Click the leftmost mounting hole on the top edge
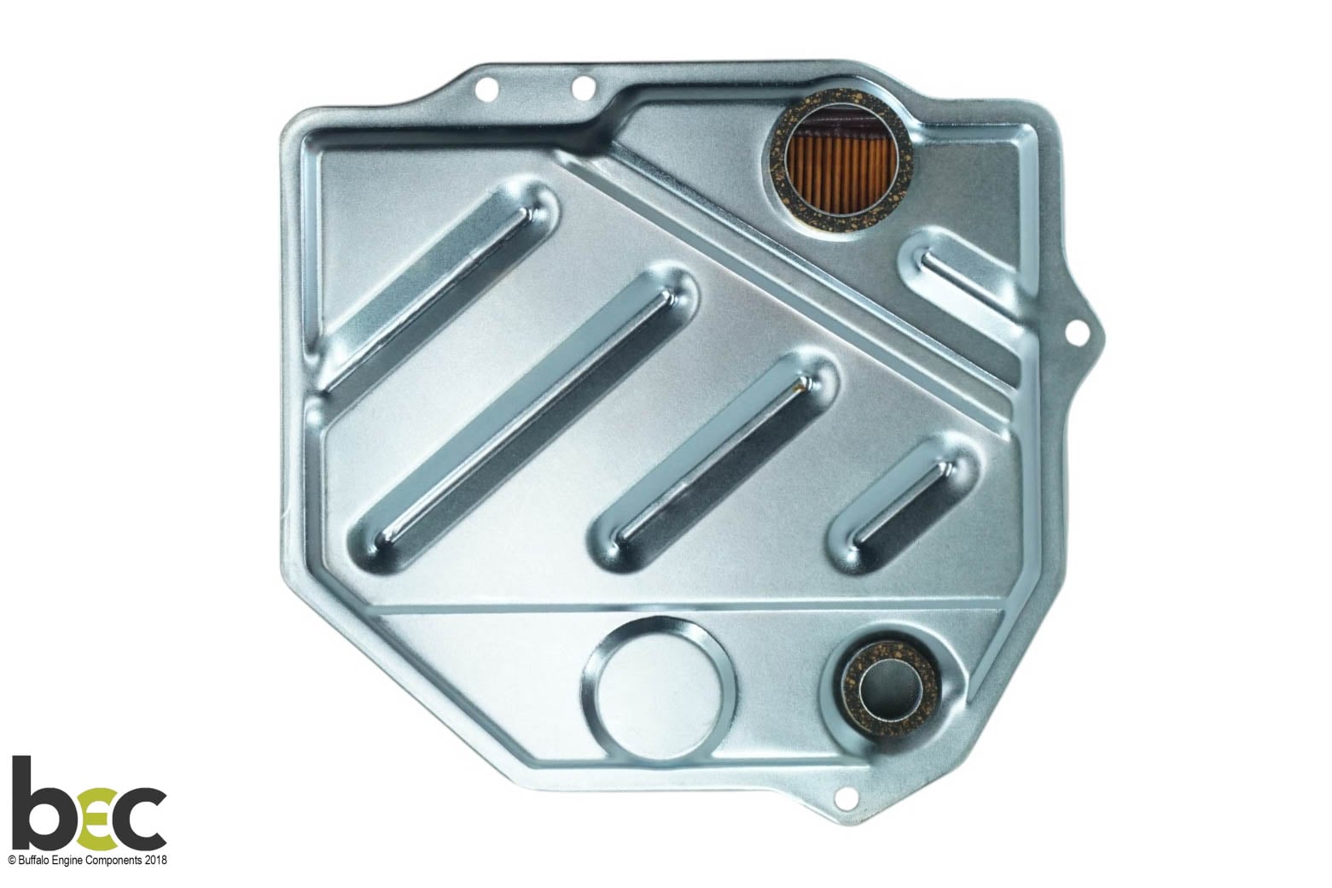coord(487,91)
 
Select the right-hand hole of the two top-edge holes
coord(584,86)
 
